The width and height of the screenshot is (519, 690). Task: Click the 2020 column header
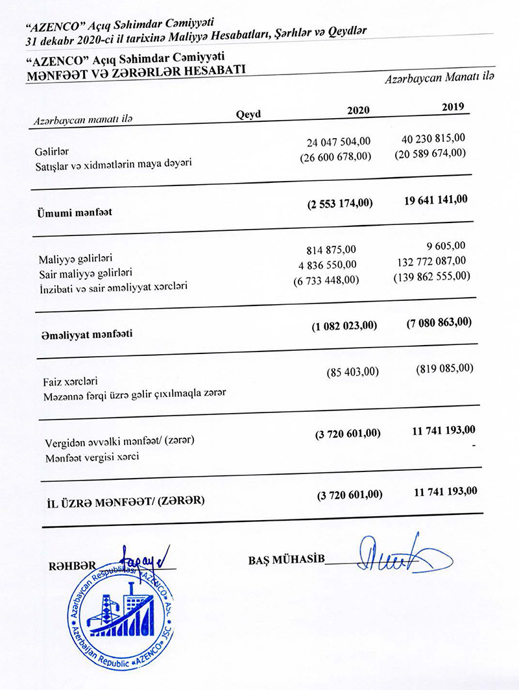[358, 110]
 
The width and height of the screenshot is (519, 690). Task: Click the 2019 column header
[452, 107]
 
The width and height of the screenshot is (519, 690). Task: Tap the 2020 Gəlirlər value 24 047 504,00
[338, 142]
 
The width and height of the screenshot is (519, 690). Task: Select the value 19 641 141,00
[435, 199]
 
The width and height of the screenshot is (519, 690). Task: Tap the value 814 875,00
[331, 250]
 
